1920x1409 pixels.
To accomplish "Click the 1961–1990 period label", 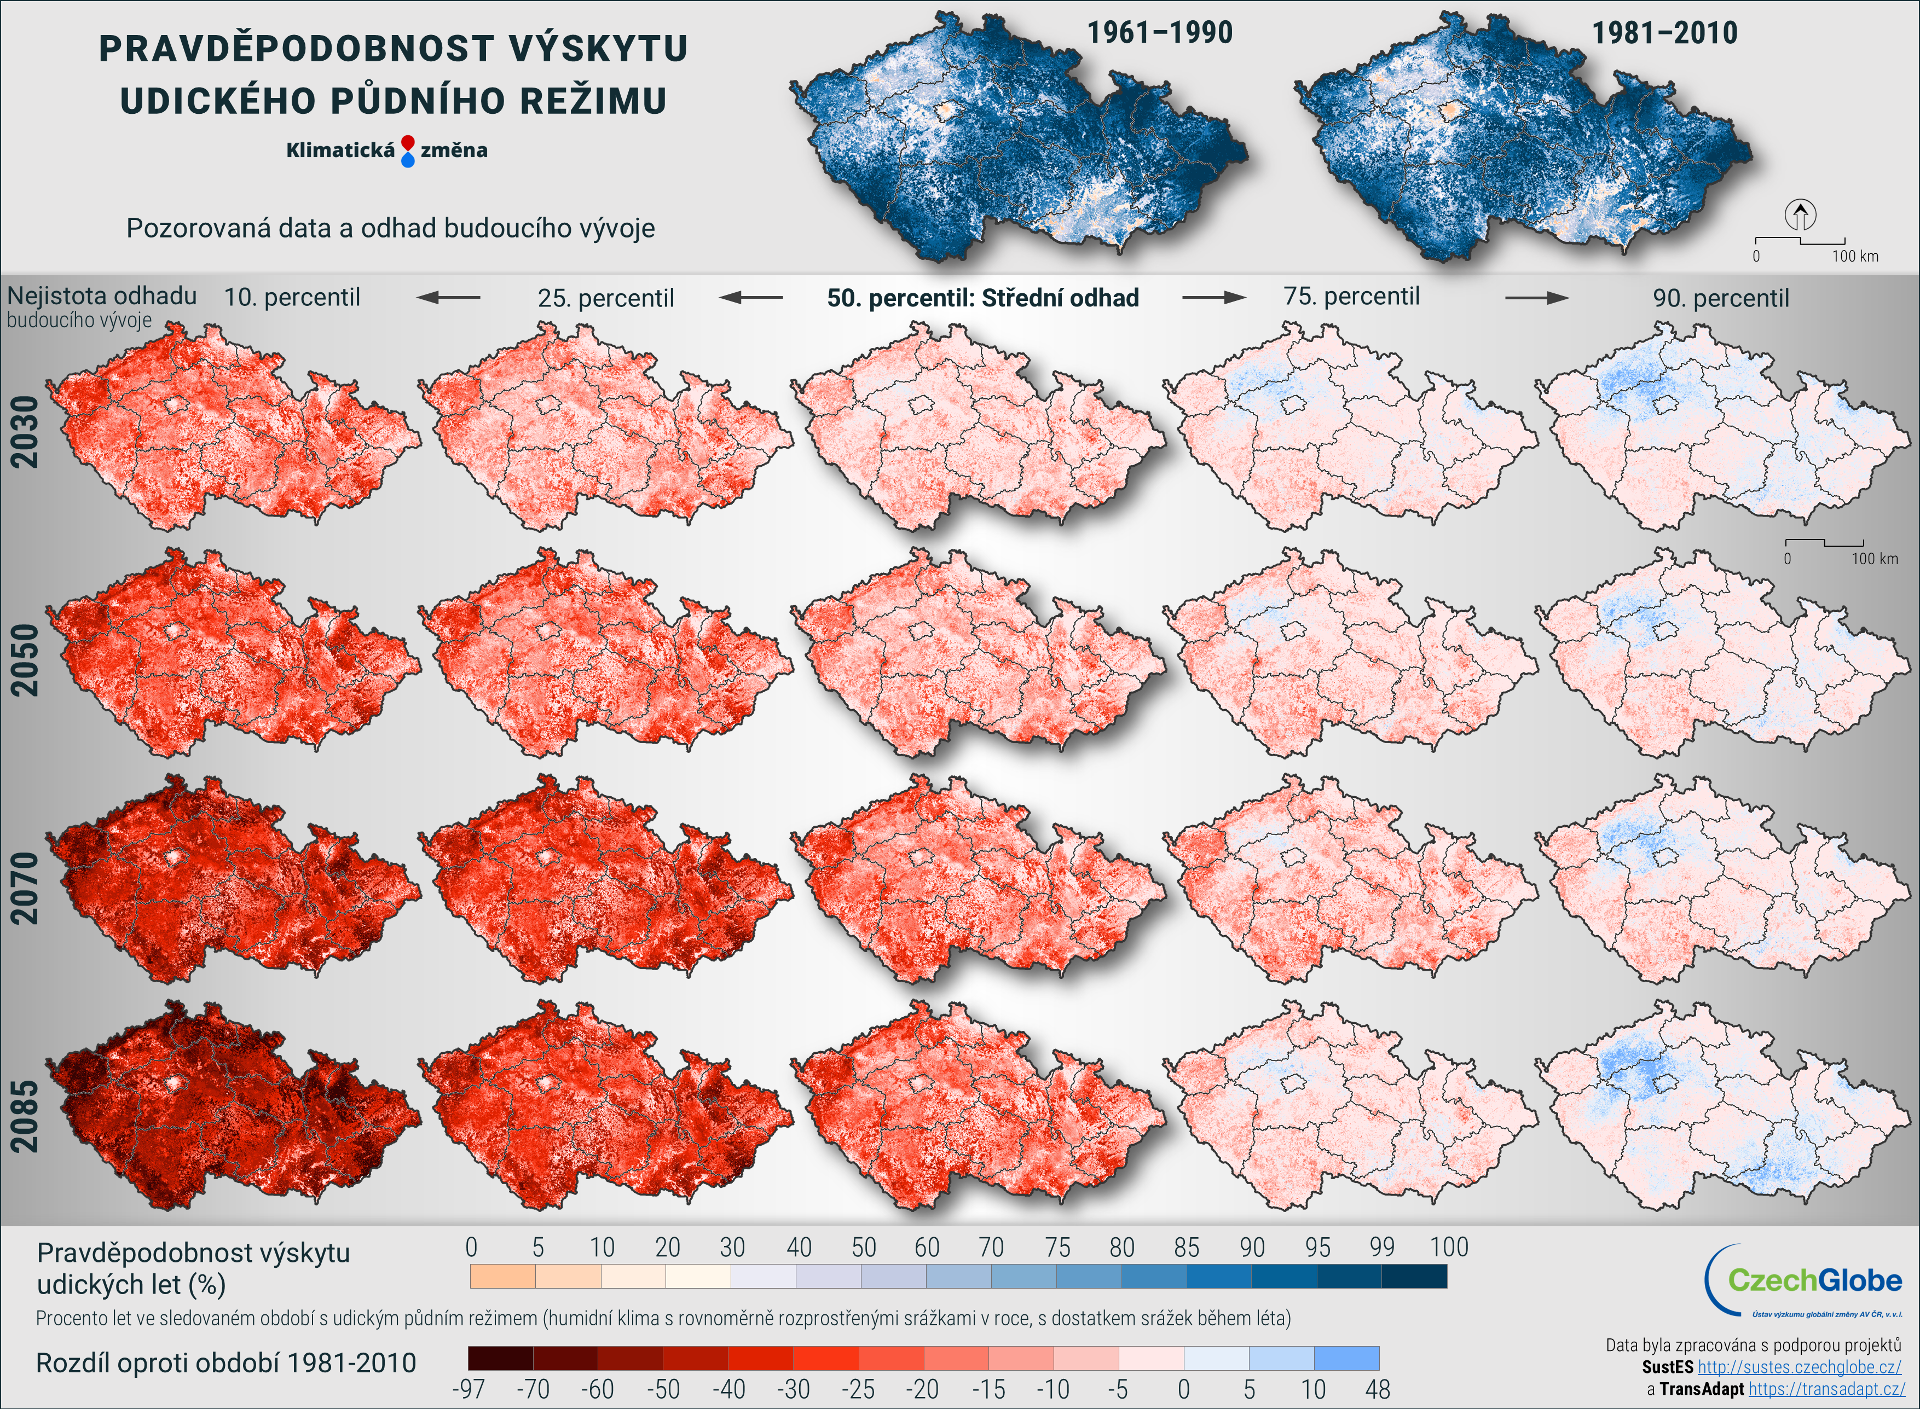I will click(x=1159, y=33).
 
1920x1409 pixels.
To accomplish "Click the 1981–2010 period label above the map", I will click(x=1664, y=33).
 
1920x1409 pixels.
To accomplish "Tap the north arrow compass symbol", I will click(x=1801, y=215).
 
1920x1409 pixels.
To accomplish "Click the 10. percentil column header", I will click(x=292, y=298).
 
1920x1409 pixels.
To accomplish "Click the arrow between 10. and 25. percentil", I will click(x=449, y=298).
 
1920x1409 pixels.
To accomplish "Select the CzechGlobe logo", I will click(x=1807, y=1280).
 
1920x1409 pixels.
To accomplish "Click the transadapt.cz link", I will click(x=1826, y=1389).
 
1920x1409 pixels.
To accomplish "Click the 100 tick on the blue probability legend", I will click(x=1448, y=1248).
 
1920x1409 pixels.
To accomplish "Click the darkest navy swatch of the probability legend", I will click(x=1414, y=1276).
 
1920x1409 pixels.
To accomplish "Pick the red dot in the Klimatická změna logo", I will click(x=408, y=142).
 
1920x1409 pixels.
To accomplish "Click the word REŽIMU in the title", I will click(x=593, y=101).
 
